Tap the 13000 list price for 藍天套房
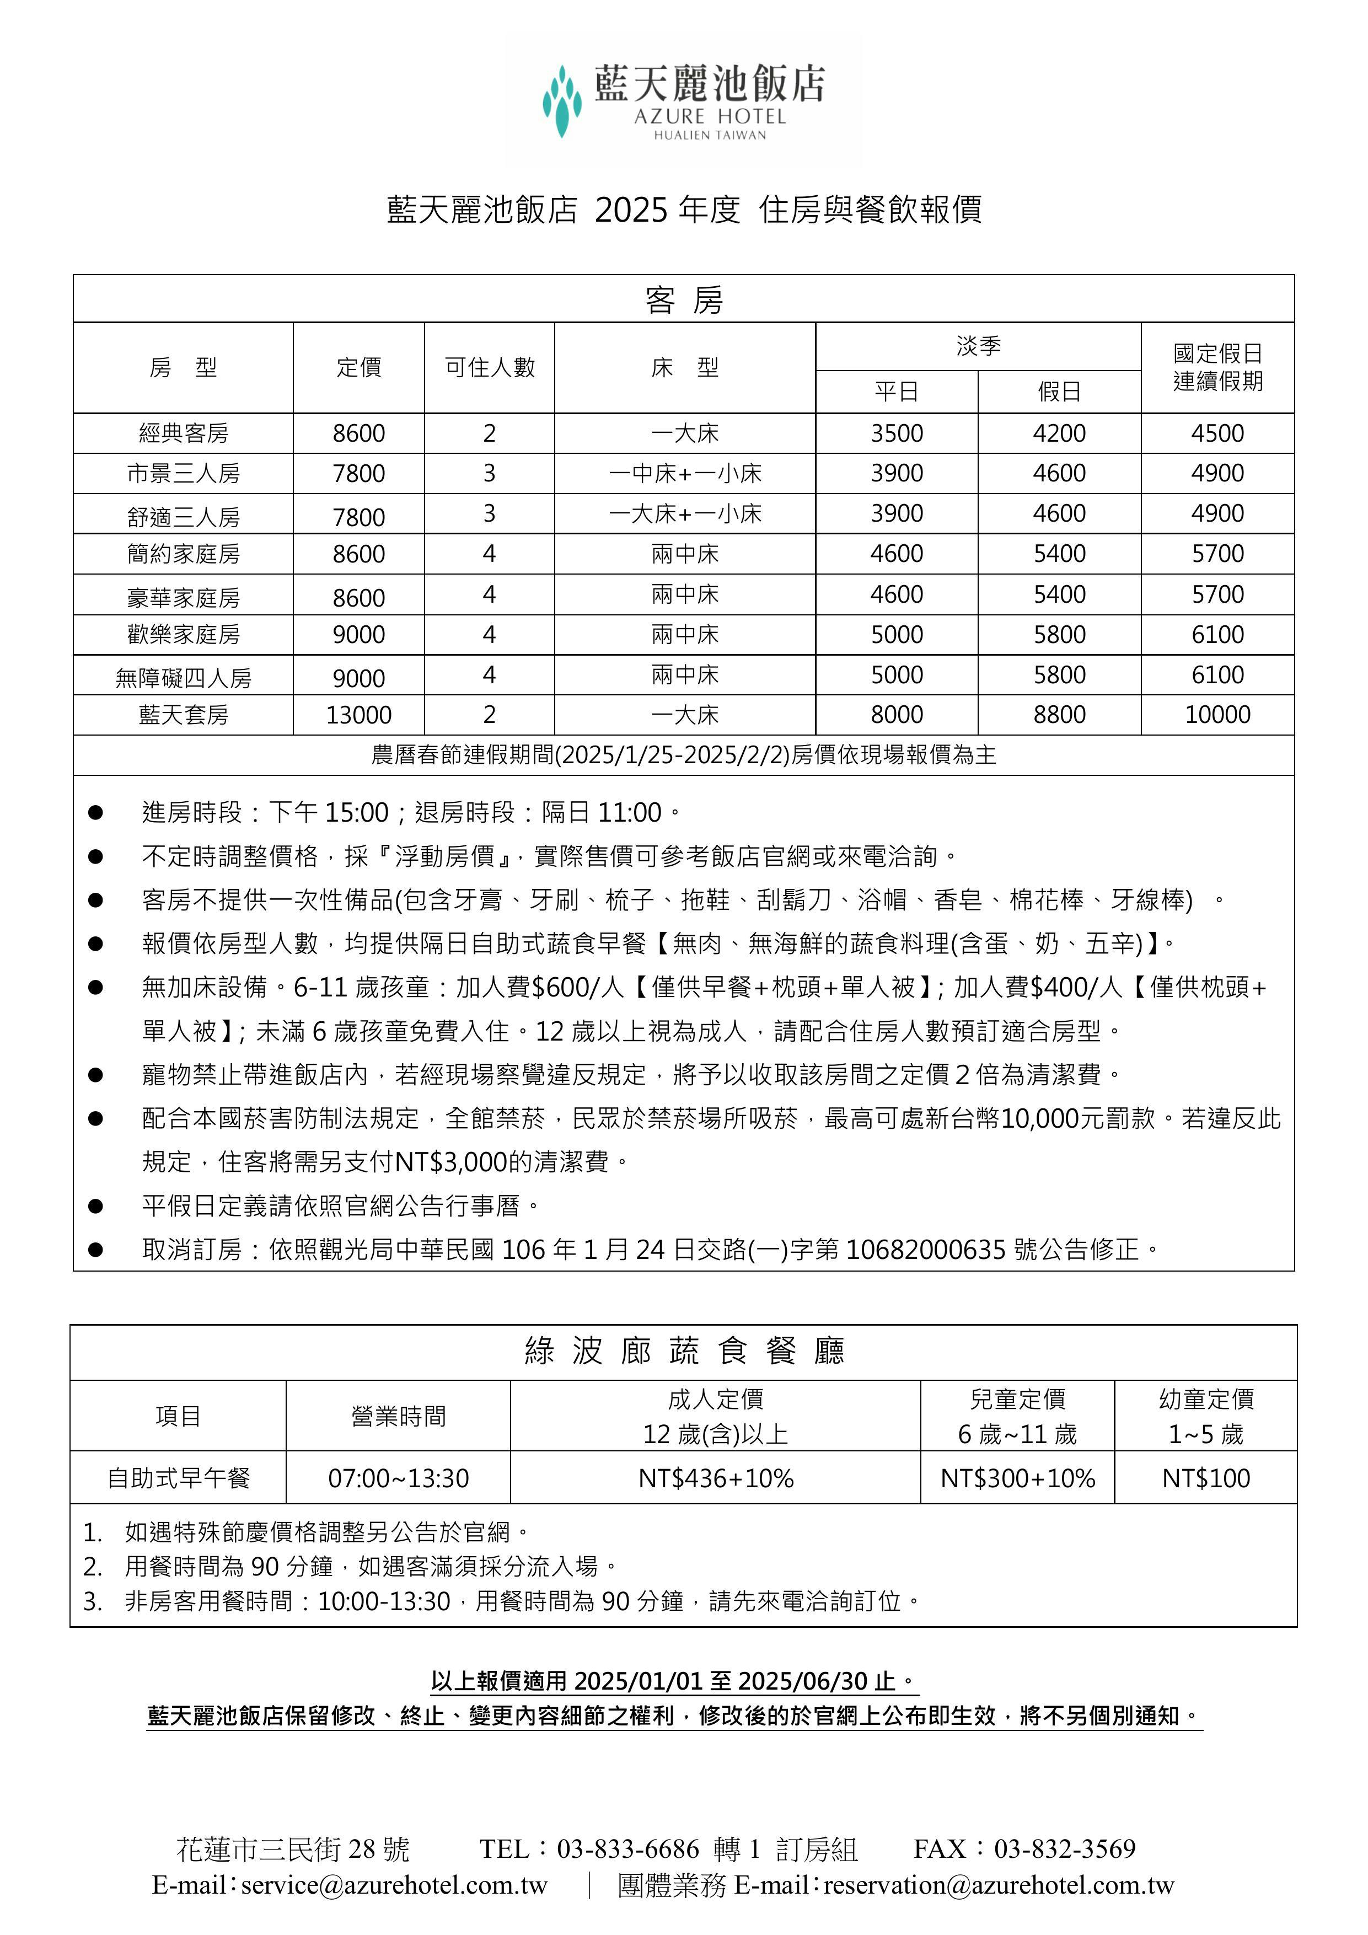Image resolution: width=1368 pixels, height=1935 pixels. coord(358,715)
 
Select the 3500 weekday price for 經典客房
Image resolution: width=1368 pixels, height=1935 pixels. coord(896,433)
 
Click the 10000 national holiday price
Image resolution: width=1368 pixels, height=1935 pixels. coord(1217,715)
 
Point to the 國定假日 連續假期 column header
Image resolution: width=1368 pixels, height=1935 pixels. coord(1217,367)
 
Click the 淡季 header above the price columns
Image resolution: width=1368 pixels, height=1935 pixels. coord(978,346)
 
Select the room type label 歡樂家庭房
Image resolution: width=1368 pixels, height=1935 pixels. coord(183,635)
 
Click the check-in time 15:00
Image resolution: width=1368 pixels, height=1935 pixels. coord(357,812)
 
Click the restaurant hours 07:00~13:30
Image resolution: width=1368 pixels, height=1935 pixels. coord(398,1478)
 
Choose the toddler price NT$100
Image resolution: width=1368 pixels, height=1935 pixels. coord(1205,1478)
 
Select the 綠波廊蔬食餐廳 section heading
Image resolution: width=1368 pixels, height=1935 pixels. coord(684,1352)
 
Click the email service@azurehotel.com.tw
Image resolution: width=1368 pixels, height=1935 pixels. coord(394,1884)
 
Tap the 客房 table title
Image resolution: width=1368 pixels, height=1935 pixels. coord(684,299)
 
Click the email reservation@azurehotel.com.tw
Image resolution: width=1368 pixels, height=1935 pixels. coord(998,1884)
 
